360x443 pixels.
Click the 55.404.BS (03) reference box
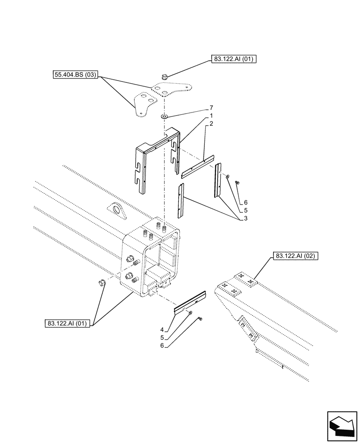click(74, 75)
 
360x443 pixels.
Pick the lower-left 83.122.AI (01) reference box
click(67, 323)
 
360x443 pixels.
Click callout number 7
click(211, 108)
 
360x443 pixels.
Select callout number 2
click(211, 124)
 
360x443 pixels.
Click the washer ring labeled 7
click(164, 117)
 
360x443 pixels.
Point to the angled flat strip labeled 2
click(197, 166)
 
